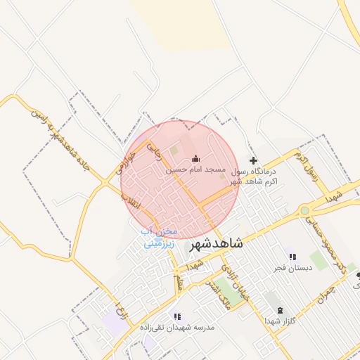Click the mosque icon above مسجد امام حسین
click(195, 158)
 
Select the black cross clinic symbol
click(254, 160)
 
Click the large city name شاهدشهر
click(217, 244)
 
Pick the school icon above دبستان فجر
click(292, 257)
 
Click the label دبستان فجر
click(293, 269)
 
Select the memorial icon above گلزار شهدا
click(280, 310)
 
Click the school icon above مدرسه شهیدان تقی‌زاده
click(177, 317)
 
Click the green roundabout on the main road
click(304, 210)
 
